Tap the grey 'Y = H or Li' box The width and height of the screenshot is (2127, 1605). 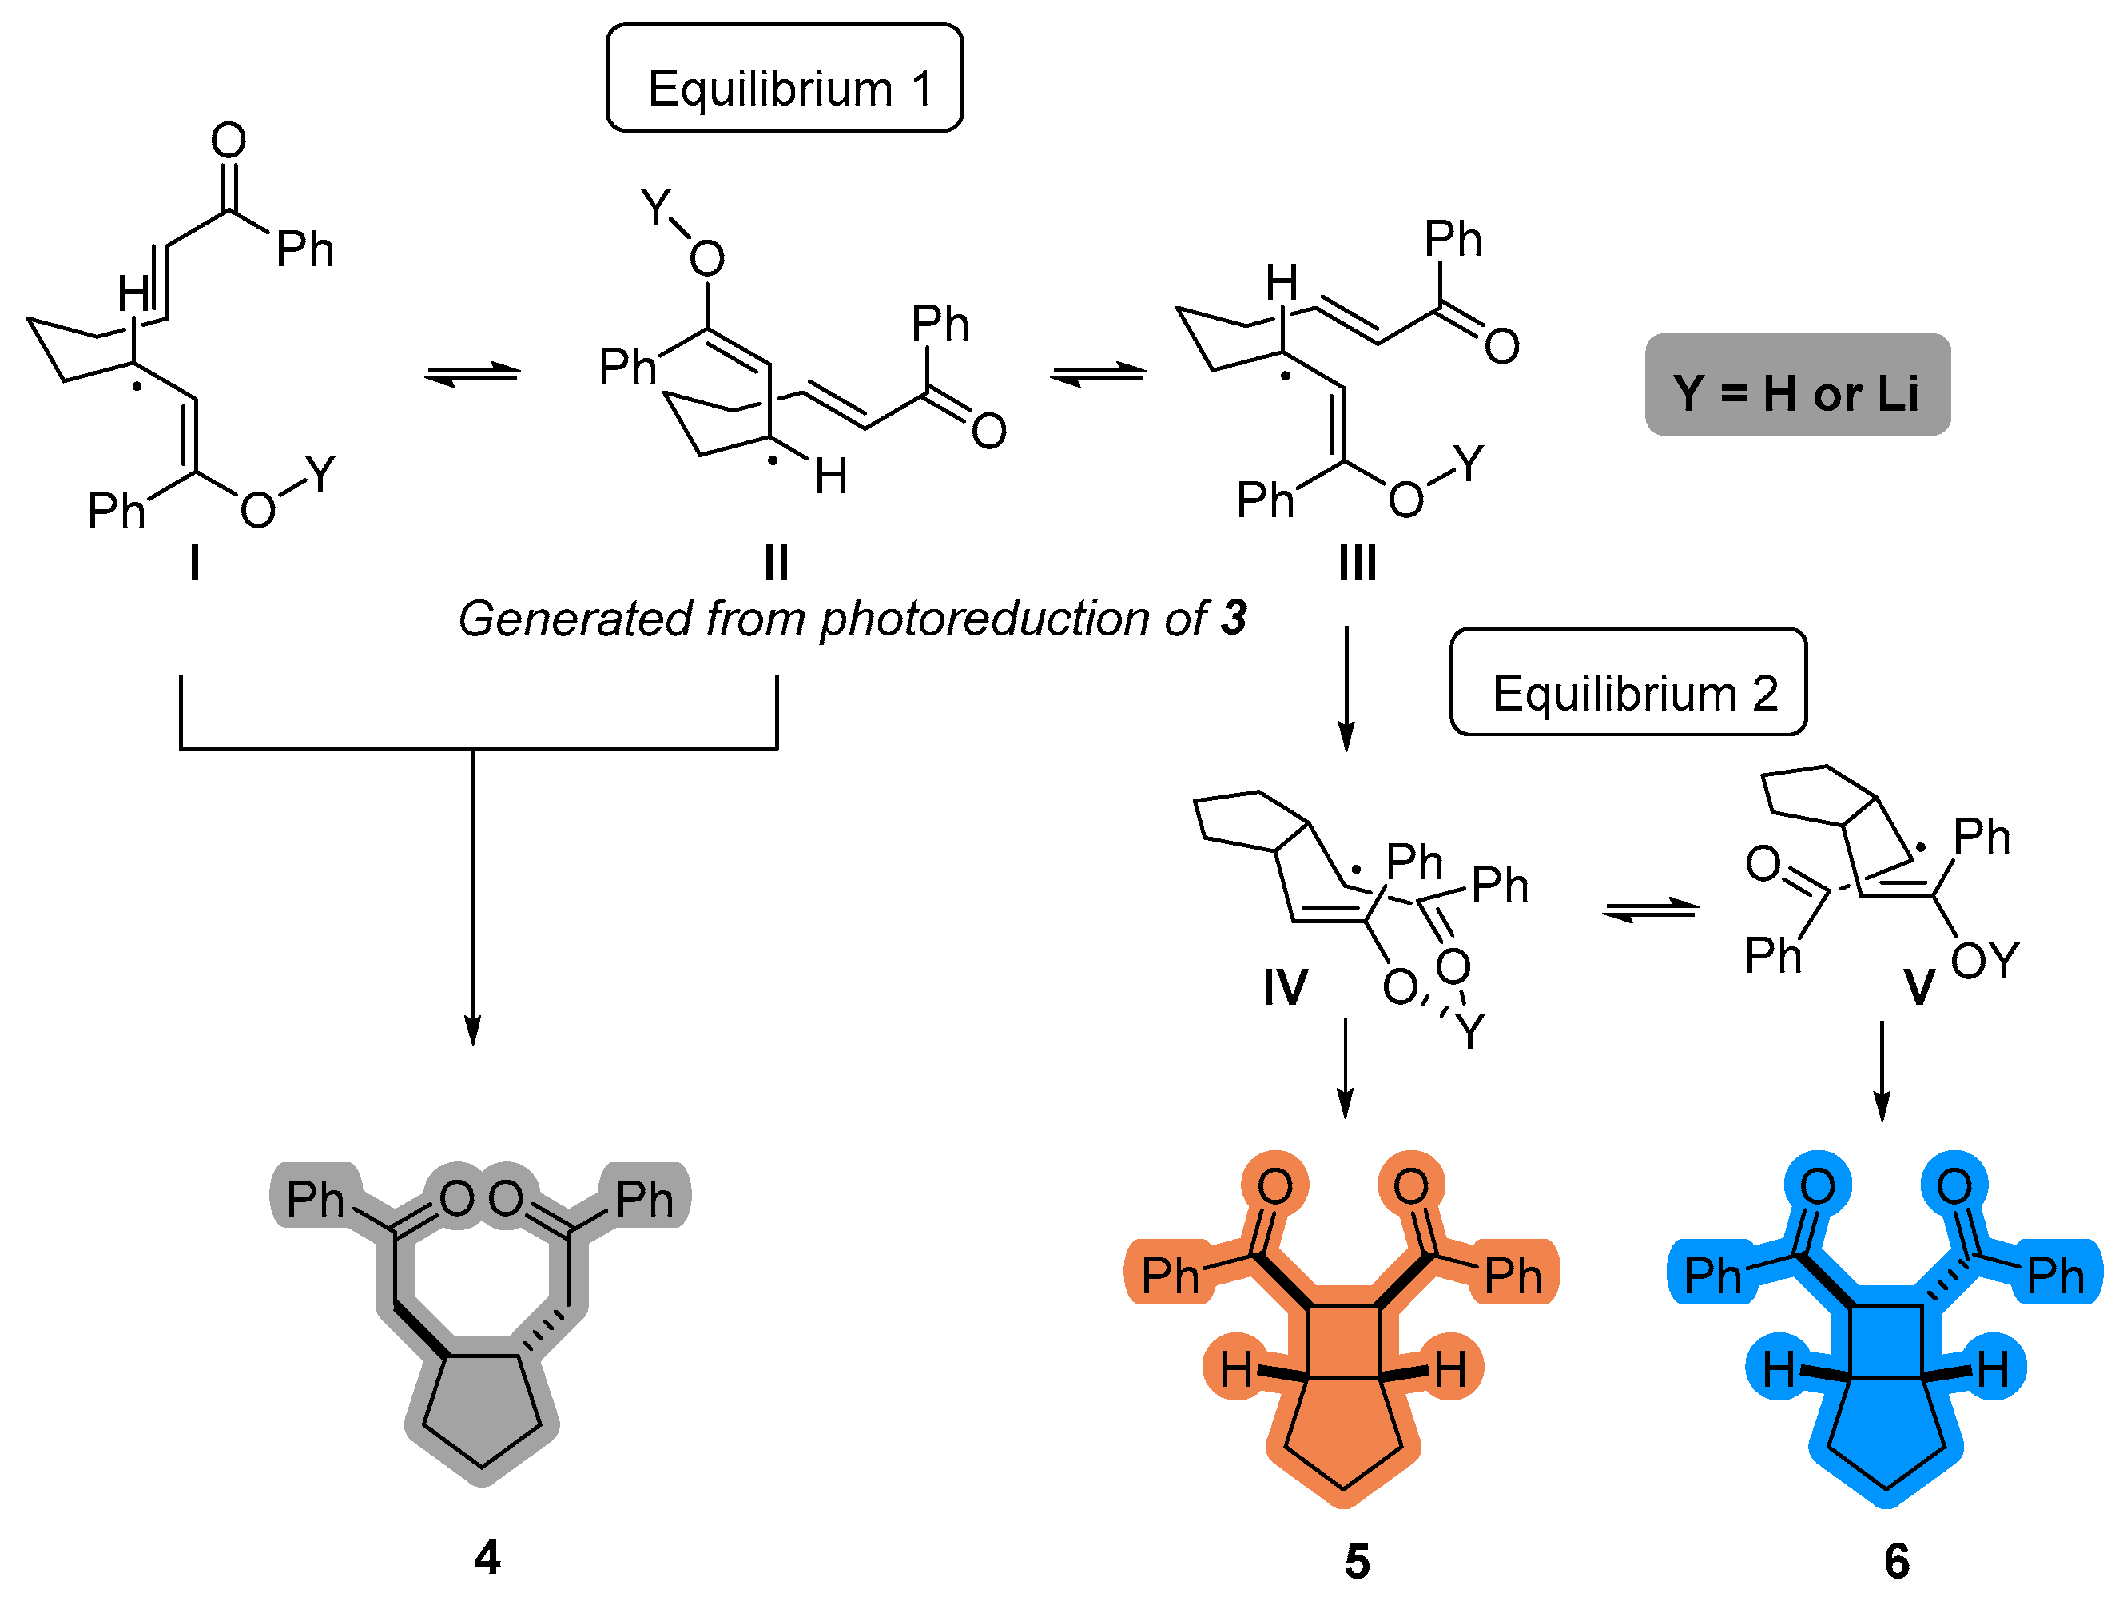1796,385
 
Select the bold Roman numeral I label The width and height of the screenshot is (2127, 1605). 194,563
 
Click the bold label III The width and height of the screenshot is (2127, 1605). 1357,564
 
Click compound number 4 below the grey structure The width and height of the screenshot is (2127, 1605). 487,1557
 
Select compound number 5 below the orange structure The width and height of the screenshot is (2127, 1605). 1357,1562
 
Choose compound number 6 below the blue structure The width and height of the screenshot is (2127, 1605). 1896,1561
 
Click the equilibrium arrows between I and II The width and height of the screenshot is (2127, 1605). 472,373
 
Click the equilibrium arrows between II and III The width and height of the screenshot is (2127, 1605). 1098,373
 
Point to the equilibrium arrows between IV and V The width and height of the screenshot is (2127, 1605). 1650,909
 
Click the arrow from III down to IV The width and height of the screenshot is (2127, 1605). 1346,688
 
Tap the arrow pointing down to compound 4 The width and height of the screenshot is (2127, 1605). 472,894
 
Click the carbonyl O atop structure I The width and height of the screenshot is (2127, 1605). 228,141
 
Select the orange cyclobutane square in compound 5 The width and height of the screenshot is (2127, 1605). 1344,1340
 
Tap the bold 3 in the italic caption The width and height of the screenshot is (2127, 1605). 1234,619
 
